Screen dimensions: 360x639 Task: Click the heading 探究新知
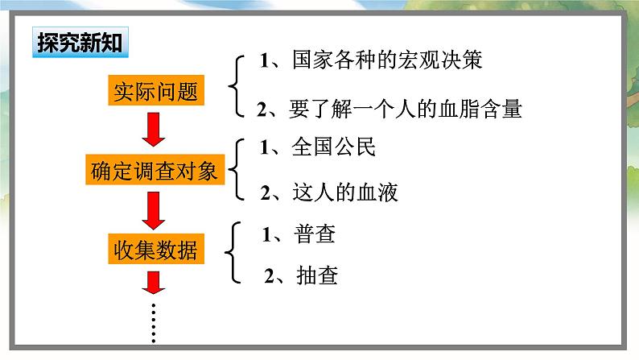(x=79, y=43)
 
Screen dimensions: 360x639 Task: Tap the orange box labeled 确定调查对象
(x=154, y=171)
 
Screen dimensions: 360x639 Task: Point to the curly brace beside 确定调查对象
(x=236, y=170)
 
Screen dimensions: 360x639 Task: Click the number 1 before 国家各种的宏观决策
(x=263, y=60)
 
